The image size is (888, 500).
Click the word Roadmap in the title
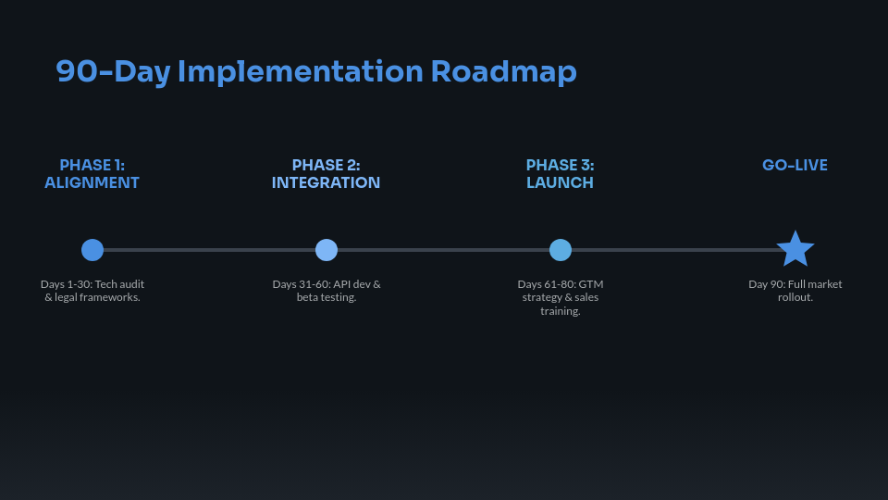pos(503,71)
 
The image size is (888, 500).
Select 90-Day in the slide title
pos(112,71)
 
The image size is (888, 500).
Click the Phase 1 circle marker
pos(92,250)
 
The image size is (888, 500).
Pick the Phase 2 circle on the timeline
pos(327,250)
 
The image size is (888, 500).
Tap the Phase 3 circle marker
pos(561,250)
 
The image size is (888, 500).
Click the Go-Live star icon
pos(795,250)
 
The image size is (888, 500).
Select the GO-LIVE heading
pos(795,166)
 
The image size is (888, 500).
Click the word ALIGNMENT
pos(92,183)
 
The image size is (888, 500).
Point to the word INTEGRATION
pos(327,183)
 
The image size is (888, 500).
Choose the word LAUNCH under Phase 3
pos(561,183)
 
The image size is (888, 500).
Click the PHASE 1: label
pos(92,166)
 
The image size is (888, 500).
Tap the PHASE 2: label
pos(327,166)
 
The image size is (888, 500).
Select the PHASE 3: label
pos(561,166)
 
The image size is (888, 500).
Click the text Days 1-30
pos(66,284)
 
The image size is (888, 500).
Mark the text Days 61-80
pos(547,284)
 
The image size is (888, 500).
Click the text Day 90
pos(767,284)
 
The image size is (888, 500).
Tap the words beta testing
pos(327,297)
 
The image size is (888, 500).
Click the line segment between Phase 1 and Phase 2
pos(209,250)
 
